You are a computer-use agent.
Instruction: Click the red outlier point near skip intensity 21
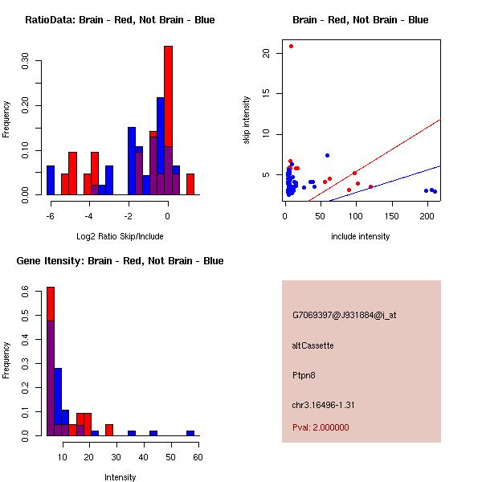coord(291,46)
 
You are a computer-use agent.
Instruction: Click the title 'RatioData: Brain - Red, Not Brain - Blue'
coord(120,20)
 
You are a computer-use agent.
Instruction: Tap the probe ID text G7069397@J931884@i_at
coord(345,315)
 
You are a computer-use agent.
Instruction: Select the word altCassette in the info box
coord(313,345)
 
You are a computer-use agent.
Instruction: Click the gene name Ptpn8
coord(304,375)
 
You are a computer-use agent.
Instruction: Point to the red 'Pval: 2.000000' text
coord(321,427)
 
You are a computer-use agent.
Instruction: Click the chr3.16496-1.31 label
coord(324,405)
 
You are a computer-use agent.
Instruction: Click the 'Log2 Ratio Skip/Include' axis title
coord(120,236)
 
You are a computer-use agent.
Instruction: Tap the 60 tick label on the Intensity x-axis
coord(197,456)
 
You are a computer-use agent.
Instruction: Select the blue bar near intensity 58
coord(190,433)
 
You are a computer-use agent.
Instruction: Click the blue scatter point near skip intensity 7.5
coord(327,155)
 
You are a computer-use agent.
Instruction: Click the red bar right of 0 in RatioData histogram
coord(190,184)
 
